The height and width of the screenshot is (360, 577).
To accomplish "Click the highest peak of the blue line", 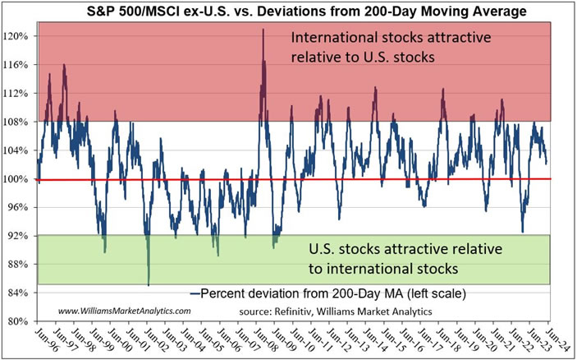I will point(263,30).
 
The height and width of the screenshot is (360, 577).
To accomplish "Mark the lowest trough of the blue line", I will point(149,284).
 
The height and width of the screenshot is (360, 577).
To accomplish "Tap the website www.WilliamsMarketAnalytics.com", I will point(124,311).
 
